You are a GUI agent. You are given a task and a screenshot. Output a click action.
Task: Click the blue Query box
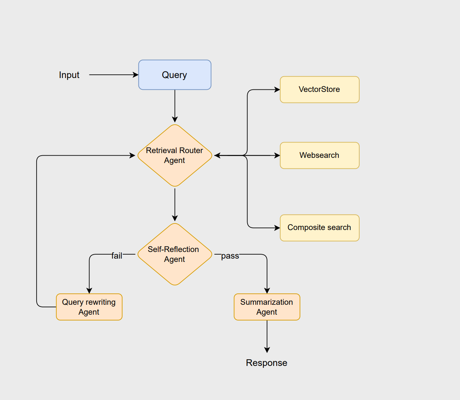tap(175, 75)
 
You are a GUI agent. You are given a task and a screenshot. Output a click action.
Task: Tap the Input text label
tap(69, 75)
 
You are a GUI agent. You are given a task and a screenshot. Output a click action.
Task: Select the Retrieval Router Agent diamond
tap(175, 155)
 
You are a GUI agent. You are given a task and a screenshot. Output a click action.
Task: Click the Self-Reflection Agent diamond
tap(175, 254)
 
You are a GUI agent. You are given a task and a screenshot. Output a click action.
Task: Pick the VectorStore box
tap(319, 89)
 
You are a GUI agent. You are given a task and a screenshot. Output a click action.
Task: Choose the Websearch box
tap(319, 155)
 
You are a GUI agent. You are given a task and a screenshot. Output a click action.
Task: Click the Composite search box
tap(319, 228)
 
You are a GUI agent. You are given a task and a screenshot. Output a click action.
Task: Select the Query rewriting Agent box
tap(89, 307)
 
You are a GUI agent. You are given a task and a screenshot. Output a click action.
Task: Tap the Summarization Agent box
tap(267, 307)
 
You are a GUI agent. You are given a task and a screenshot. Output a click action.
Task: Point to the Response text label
tap(266, 363)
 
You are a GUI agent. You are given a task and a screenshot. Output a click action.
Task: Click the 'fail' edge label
tap(117, 256)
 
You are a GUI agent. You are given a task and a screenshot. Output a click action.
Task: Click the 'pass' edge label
tap(230, 256)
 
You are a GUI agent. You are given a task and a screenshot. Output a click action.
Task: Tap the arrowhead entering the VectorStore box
tap(277, 89)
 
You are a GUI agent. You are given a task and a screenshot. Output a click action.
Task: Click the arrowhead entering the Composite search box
tap(277, 228)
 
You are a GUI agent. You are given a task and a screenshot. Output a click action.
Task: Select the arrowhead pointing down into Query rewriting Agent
tap(89, 290)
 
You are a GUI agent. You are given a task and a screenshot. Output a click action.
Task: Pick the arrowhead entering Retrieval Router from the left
tap(133, 155)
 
